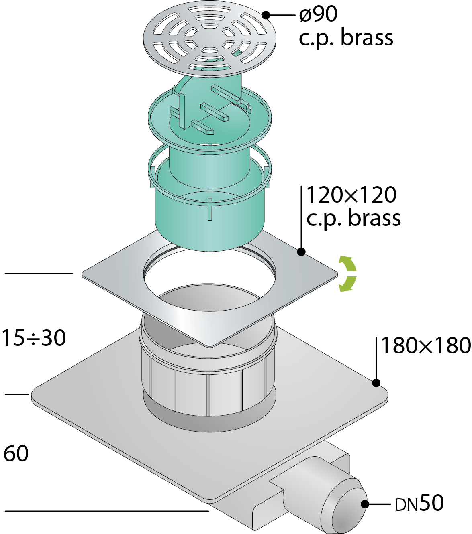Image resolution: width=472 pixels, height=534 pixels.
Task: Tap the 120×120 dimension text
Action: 351,195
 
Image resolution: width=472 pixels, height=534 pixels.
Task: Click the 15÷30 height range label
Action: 34,338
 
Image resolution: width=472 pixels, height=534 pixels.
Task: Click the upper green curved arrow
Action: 348,263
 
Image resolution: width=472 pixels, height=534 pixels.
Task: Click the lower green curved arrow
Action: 348,284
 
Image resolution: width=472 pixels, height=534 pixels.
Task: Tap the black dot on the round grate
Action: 266,15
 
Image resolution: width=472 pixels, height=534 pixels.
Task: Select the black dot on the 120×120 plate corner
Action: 301,252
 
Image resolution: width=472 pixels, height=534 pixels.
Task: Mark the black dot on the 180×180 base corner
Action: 376,383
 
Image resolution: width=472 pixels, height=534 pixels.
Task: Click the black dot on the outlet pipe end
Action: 365,504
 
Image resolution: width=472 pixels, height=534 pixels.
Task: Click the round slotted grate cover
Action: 209,41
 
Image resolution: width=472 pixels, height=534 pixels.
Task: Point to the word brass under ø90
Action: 367,38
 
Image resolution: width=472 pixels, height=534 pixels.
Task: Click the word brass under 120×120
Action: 375,218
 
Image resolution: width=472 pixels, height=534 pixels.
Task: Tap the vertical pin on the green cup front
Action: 210,209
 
